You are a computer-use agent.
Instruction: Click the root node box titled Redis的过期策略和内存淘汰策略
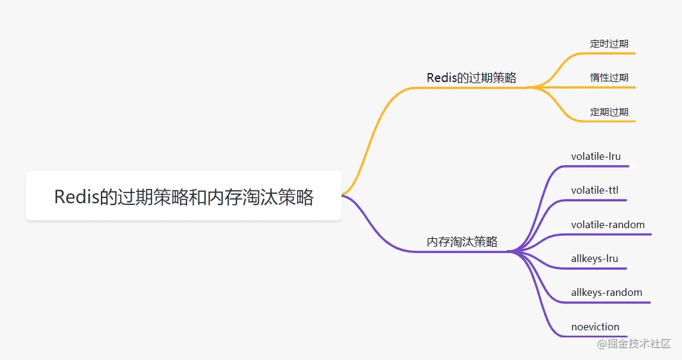click(x=183, y=196)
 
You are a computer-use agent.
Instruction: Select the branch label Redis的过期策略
click(x=471, y=78)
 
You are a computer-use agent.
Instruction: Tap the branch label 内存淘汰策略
click(x=462, y=242)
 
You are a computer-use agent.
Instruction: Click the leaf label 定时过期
click(x=609, y=43)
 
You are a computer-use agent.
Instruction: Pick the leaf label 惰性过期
click(x=609, y=77)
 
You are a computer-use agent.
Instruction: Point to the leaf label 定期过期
click(x=609, y=112)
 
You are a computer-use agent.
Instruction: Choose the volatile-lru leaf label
click(x=595, y=156)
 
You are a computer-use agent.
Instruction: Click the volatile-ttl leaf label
click(x=595, y=190)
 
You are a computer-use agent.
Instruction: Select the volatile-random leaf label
click(x=608, y=225)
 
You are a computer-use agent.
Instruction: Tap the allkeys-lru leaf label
click(x=595, y=258)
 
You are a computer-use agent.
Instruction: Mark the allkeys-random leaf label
click(x=607, y=292)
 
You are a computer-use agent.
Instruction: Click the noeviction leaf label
click(x=595, y=327)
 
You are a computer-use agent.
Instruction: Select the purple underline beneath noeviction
click(x=595, y=337)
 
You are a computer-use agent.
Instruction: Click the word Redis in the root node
click(x=76, y=197)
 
